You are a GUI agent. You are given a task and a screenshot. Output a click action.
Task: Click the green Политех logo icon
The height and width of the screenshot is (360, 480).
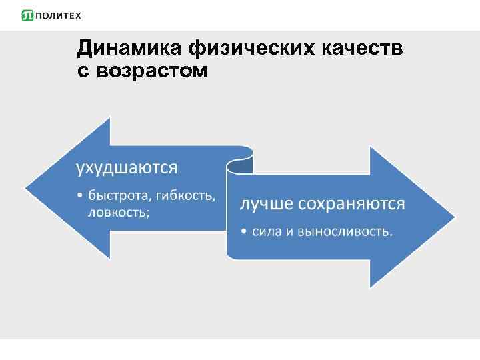(27, 15)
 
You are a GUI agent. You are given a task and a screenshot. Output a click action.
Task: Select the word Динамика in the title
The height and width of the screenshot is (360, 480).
(130, 47)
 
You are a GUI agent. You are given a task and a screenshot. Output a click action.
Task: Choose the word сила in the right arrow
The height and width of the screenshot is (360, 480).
(265, 232)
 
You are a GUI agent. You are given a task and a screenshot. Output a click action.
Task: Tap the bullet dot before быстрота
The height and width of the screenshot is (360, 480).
(81, 197)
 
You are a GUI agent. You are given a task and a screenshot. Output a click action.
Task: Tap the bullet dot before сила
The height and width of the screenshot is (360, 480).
(245, 232)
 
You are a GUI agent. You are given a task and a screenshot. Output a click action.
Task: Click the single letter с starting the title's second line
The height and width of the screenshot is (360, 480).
(83, 71)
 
